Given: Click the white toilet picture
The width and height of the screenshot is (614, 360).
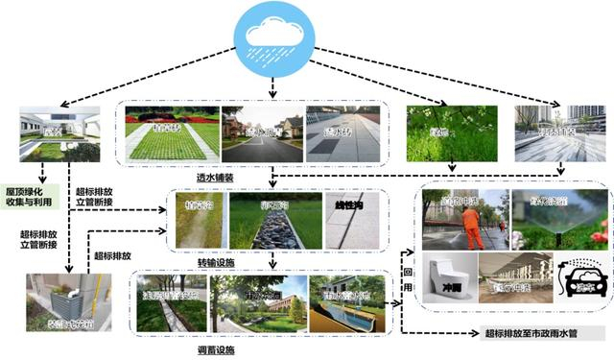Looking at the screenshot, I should pyautogui.click(x=447, y=278).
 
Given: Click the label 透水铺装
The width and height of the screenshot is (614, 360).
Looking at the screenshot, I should pyautogui.click(x=249, y=177).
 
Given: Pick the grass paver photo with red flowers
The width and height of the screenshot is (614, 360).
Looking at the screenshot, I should pyautogui.click(x=168, y=133).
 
